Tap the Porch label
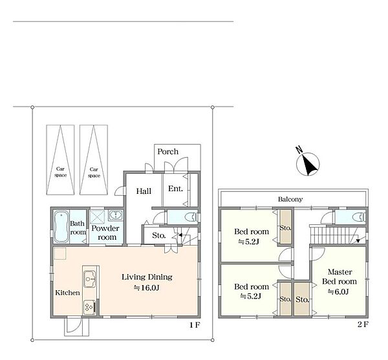pyautogui.click(x=167, y=152)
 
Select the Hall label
pyautogui.click(x=144, y=191)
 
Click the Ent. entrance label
pyautogui.click(x=175, y=189)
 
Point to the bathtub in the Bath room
pyautogui.click(x=61, y=226)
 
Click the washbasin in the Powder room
pyautogui.click(x=115, y=215)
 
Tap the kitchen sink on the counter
pyautogui.click(x=89, y=279)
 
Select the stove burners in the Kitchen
pyautogui.click(x=89, y=308)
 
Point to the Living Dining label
pyautogui.click(x=147, y=277)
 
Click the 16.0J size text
pyautogui.click(x=147, y=288)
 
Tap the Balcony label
pyautogui.click(x=290, y=199)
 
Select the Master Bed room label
pyautogui.click(x=339, y=277)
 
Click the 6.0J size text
pyautogui.click(x=338, y=291)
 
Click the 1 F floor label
pyautogui.click(x=195, y=325)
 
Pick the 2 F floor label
pyautogui.click(x=363, y=324)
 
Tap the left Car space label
pyautogui.click(x=60, y=172)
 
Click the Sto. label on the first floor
pyautogui.click(x=158, y=235)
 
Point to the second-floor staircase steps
pyautogui.click(x=330, y=235)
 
